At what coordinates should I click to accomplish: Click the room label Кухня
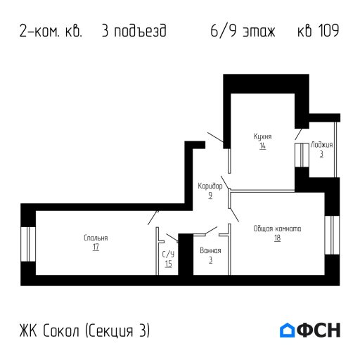tap(263, 136)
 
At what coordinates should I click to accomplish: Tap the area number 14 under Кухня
tap(262, 146)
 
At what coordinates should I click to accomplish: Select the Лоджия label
tap(322, 144)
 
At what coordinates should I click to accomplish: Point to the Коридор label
tap(210, 186)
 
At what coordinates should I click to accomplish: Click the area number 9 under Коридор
tap(210, 195)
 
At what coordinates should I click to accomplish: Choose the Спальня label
tap(96, 238)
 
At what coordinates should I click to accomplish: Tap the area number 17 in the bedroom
tap(95, 247)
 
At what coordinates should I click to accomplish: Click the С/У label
tap(168, 254)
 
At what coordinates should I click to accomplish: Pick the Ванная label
tap(210, 250)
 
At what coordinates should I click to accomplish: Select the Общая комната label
tap(278, 228)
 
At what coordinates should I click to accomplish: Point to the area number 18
tap(277, 238)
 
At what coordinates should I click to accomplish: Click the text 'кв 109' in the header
tap(319, 32)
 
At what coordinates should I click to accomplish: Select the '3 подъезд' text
tap(134, 32)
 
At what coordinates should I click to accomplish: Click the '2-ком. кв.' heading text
tap(51, 32)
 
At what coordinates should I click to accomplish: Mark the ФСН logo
tap(310, 330)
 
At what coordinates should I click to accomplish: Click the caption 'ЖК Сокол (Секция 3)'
tap(85, 330)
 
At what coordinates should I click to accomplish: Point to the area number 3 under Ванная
tap(210, 260)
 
